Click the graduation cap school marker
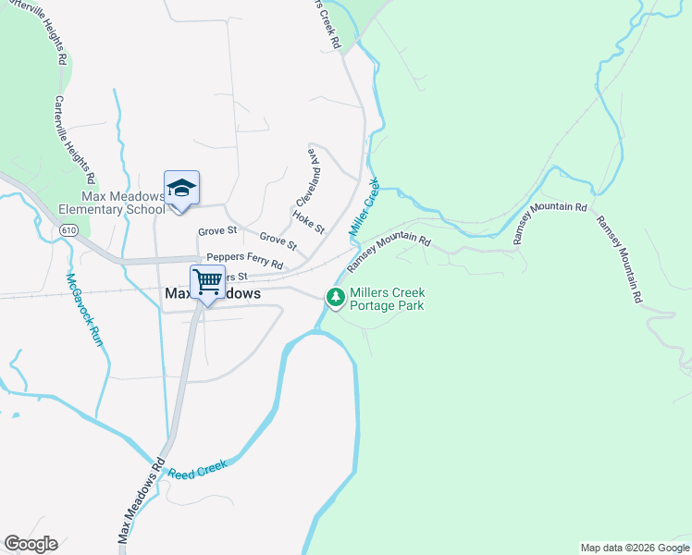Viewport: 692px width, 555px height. (x=181, y=188)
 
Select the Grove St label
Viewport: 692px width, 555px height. (x=217, y=230)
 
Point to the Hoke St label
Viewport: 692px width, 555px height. (x=308, y=221)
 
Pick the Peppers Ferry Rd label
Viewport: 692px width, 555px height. (x=244, y=262)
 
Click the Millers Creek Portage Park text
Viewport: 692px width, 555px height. (x=388, y=298)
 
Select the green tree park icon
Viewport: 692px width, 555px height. (x=335, y=297)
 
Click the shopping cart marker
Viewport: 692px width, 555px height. (x=208, y=280)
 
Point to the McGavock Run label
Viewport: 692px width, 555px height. (x=84, y=309)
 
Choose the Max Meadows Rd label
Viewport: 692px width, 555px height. (x=141, y=500)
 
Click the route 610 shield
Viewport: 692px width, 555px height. (x=66, y=228)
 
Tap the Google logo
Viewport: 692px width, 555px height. (x=31, y=544)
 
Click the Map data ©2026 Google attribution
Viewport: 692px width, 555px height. (x=634, y=548)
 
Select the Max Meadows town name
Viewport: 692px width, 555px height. (x=212, y=293)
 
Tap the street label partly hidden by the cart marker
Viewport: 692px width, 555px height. (x=237, y=277)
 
